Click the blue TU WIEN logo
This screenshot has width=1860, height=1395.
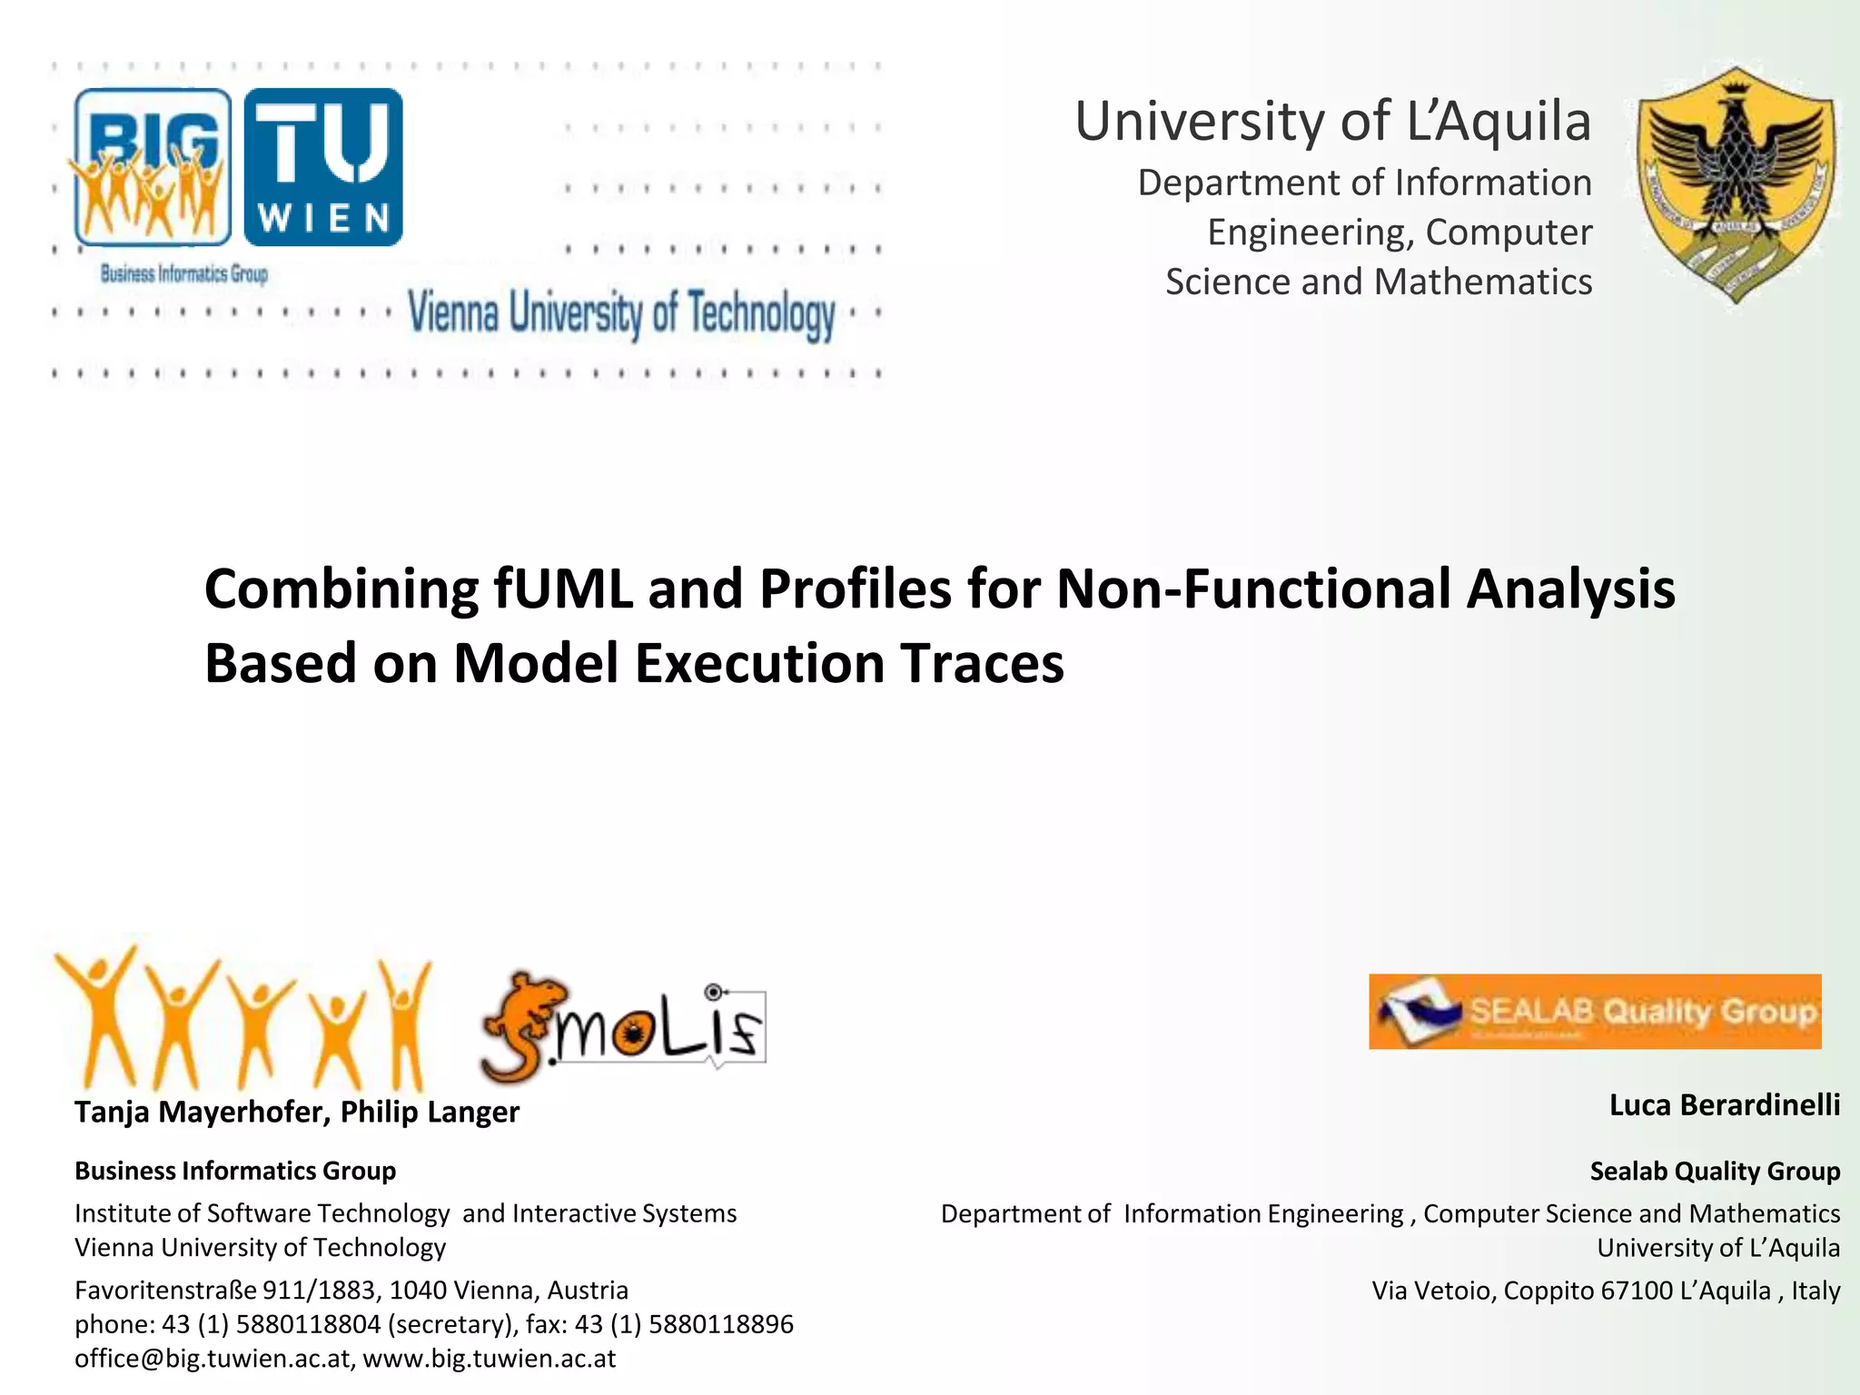click(323, 167)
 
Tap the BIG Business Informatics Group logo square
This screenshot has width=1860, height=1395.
click(153, 167)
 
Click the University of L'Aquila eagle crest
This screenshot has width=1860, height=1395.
click(1736, 186)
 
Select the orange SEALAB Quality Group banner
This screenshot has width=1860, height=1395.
click(1595, 1012)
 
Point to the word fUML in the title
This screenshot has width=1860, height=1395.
click(563, 589)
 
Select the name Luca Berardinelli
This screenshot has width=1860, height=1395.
click(1724, 1105)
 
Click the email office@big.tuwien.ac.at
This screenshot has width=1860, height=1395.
click(213, 1359)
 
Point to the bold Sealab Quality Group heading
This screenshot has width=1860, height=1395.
click(1715, 1172)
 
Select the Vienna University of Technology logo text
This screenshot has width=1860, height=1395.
click(621, 313)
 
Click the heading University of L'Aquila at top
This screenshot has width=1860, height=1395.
click(1332, 122)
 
